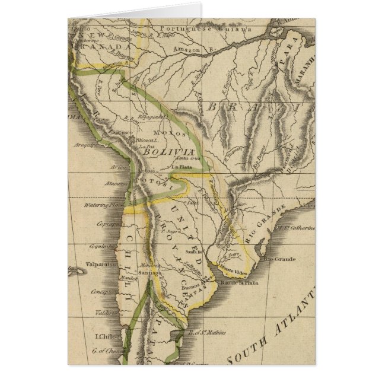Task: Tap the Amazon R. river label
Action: [186, 51]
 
